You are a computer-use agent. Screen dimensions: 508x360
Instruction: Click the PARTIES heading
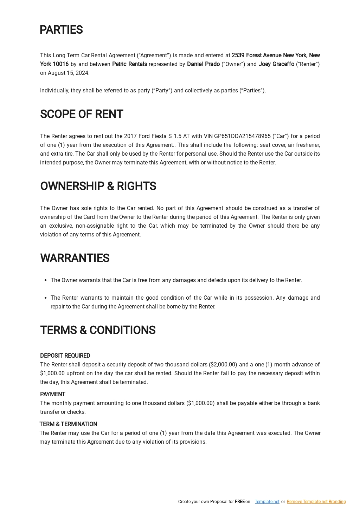tap(61, 30)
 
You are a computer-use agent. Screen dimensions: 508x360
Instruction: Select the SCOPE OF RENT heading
tap(82, 114)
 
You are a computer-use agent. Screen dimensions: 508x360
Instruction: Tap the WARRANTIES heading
tap(75, 258)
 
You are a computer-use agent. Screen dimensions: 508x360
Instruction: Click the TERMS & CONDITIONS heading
tap(98, 330)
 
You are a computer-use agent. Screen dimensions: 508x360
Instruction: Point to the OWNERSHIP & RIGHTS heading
tap(98, 186)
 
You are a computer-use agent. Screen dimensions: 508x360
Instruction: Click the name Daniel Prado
tap(203, 64)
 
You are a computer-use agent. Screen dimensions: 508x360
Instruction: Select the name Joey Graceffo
tap(276, 64)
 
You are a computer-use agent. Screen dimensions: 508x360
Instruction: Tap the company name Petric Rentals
tap(129, 64)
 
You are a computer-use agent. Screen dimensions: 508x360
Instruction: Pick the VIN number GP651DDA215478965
tap(242, 136)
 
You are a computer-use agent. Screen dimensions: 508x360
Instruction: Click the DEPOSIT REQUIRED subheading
tap(65, 356)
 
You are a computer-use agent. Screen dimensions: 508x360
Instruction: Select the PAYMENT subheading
tap(53, 395)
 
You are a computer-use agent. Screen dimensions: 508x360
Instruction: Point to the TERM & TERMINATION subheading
tap(68, 424)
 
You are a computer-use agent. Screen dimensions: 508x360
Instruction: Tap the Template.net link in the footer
tap(267, 502)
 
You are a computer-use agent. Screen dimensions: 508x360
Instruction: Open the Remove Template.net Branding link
tap(316, 502)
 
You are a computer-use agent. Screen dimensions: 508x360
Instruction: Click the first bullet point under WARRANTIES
tap(46, 280)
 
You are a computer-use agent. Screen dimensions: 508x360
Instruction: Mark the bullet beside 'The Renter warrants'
tap(46, 298)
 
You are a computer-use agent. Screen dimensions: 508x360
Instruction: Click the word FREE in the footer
tap(240, 502)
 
